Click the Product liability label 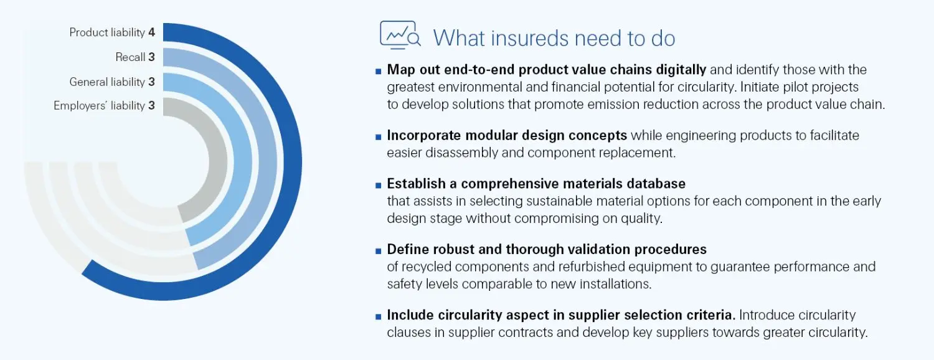pos(107,32)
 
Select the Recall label pos(130,57)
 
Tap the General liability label pos(107,82)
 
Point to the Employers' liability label pos(99,106)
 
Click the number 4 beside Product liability pos(151,32)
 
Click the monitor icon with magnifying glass pos(399,36)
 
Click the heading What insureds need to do pos(554,38)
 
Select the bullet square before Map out pos(378,70)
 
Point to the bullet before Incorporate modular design pos(378,136)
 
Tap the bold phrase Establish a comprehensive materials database pos(536,184)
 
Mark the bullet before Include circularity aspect pos(378,316)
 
